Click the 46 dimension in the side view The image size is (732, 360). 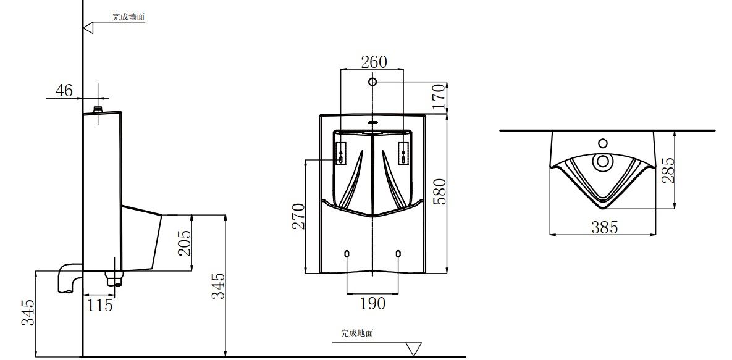point(64,91)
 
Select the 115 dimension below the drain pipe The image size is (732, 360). point(99,305)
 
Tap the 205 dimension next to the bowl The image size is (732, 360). point(182,243)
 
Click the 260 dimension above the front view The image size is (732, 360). point(374,62)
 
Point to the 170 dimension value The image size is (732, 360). point(439,98)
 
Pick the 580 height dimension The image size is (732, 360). point(439,192)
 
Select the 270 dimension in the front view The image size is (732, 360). point(298,216)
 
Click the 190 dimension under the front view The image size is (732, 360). point(372,303)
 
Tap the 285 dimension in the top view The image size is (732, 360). point(667,170)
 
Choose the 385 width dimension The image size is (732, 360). point(604,227)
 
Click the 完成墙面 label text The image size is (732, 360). point(128,17)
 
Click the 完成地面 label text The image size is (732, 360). point(357,333)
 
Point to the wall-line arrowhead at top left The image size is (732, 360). point(88,27)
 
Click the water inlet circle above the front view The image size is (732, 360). point(372,82)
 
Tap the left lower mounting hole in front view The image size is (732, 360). point(347,254)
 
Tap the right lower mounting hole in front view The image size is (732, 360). point(398,254)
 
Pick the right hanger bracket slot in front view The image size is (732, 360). point(403,153)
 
